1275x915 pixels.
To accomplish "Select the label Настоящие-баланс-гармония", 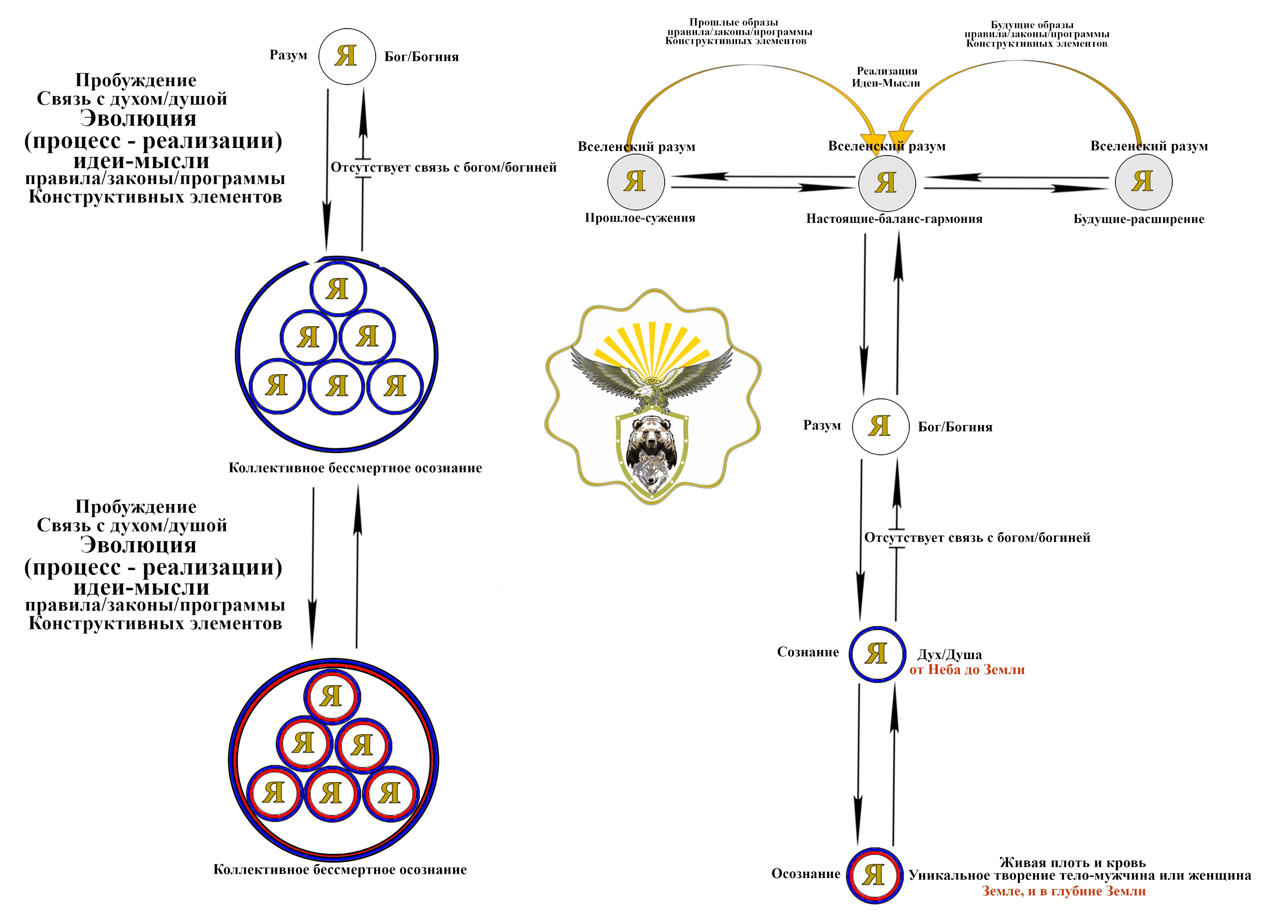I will [x=894, y=219].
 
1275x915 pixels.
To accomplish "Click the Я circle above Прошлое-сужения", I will [x=636, y=182].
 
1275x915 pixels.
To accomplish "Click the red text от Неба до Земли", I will [x=967, y=670].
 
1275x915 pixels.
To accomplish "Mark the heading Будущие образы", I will [x=1032, y=25].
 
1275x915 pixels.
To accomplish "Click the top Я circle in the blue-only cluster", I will [x=338, y=289].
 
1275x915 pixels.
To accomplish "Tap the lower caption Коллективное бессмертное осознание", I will [x=340, y=870].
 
